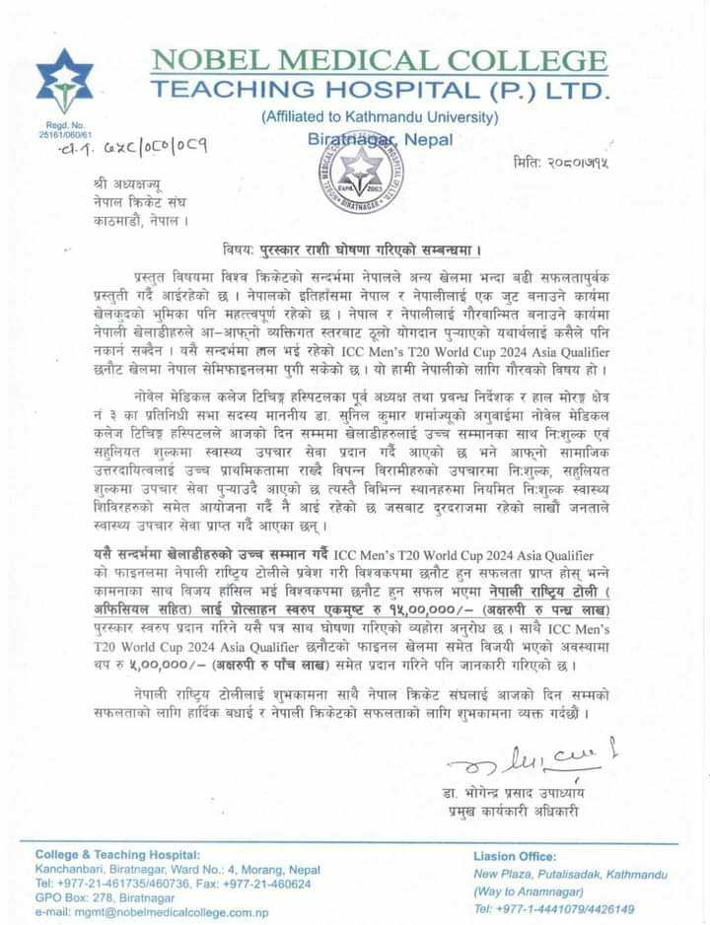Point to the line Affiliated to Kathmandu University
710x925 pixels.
pos(380,117)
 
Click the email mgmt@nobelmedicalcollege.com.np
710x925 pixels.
pos(152,912)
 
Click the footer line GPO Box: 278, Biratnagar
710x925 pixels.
pos(105,897)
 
